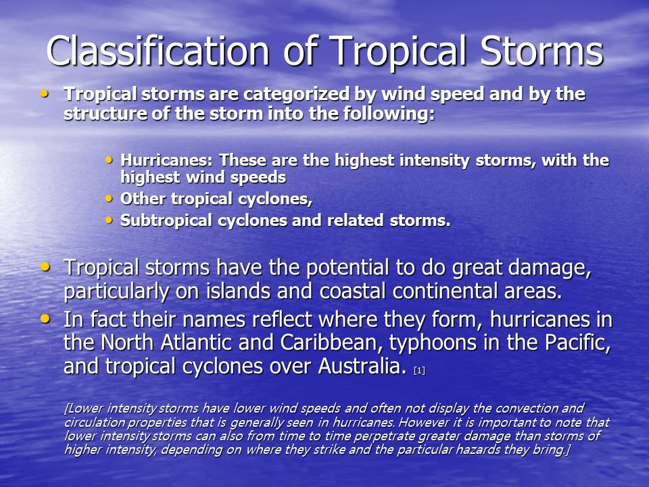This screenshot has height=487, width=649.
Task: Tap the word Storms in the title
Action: click(542, 51)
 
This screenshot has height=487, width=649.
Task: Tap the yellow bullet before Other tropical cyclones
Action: click(109, 199)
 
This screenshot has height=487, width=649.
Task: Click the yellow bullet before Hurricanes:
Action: click(109, 160)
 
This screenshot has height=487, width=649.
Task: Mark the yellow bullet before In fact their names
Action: click(45, 319)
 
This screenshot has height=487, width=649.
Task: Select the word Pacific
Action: click(577, 342)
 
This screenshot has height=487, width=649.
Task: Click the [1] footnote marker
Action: click(419, 370)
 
